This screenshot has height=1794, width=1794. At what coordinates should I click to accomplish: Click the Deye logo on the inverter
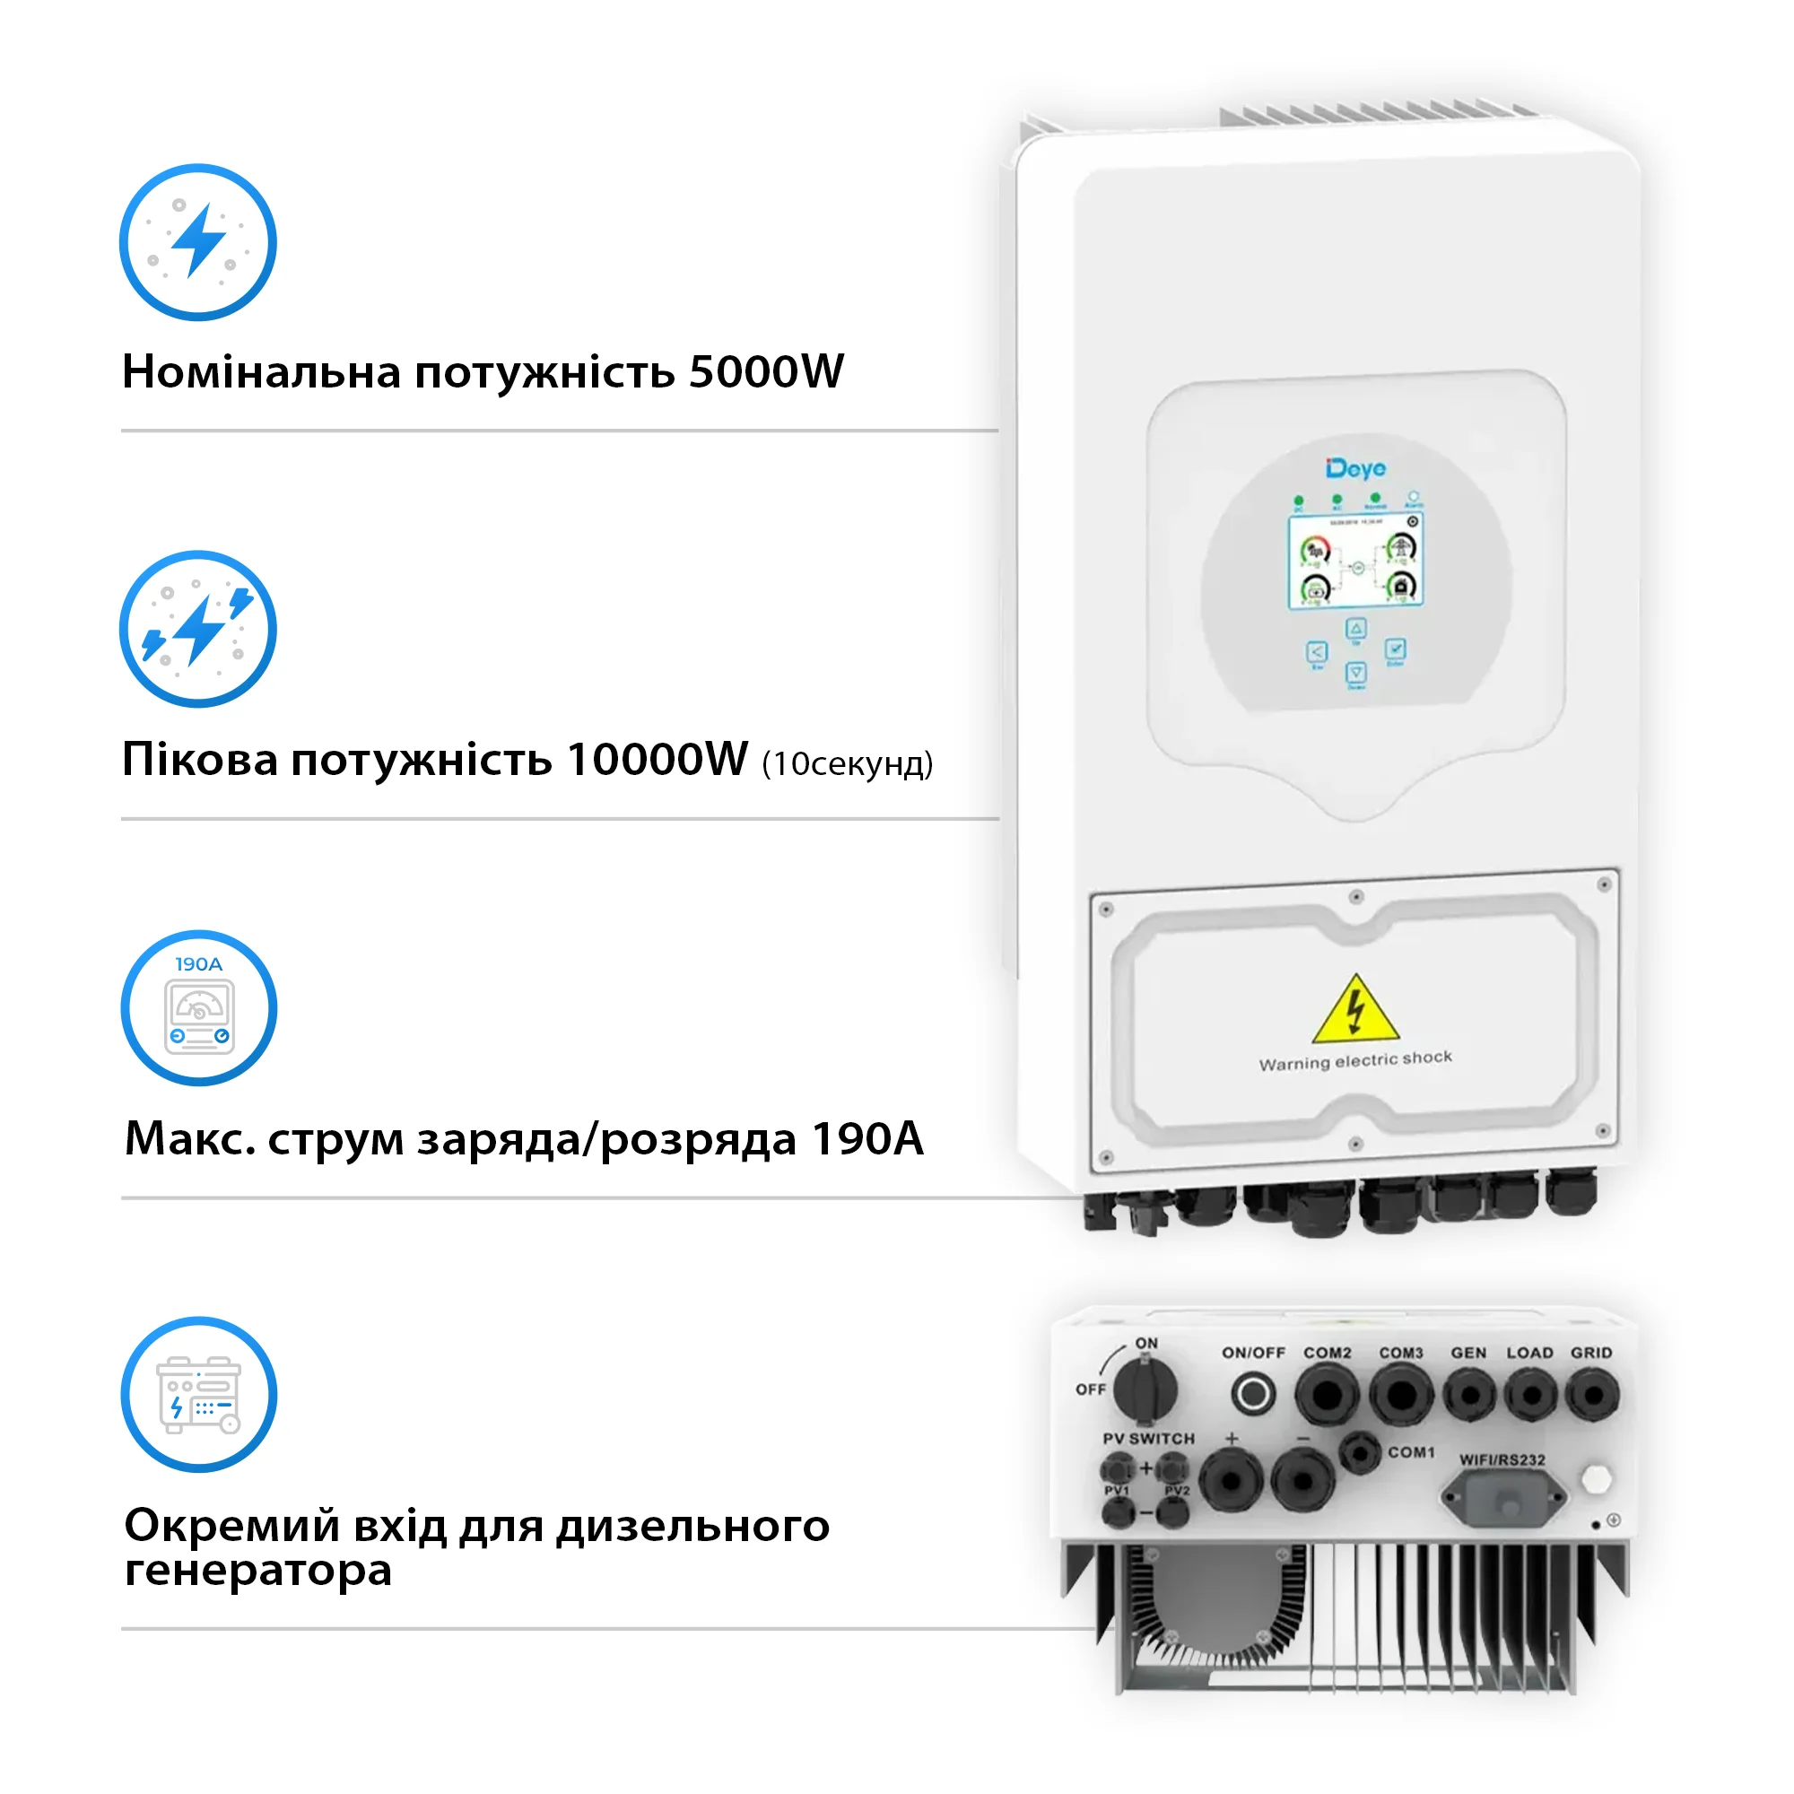click(1355, 469)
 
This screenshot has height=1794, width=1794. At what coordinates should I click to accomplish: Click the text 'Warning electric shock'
click(1355, 1060)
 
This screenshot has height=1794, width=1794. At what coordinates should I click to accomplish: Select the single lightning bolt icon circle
click(197, 242)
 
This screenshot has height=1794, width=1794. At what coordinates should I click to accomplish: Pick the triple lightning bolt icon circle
click(197, 630)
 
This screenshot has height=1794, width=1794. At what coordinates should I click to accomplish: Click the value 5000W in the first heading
click(766, 371)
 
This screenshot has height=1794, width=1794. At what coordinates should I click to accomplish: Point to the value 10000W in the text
click(657, 760)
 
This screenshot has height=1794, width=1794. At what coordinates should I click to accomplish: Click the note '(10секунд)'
click(847, 764)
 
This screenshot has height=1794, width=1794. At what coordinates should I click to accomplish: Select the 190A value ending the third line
click(867, 1138)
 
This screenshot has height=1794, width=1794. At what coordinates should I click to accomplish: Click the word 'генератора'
click(258, 1572)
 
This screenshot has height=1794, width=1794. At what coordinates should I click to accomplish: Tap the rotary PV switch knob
click(1145, 1390)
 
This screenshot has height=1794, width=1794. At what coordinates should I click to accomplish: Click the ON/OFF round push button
click(1252, 1394)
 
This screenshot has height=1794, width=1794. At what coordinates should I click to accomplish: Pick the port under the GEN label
click(1469, 1395)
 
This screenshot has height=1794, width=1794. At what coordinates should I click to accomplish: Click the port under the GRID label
click(1592, 1395)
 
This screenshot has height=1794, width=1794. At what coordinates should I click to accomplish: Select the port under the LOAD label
click(1530, 1395)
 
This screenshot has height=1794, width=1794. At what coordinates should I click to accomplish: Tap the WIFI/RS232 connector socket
click(1502, 1498)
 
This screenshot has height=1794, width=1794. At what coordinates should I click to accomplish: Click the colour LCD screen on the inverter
click(1355, 562)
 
